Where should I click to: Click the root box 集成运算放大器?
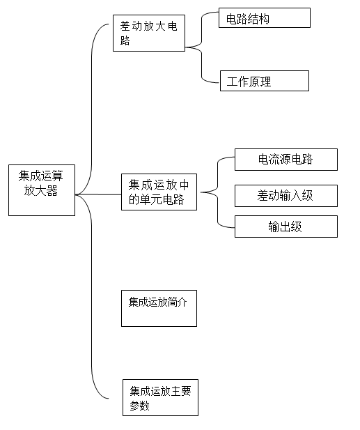(42, 190)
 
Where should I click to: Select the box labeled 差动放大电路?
(149, 33)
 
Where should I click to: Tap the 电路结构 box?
(265, 18)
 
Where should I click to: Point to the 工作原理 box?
(265, 81)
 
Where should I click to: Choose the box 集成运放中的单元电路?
(159, 192)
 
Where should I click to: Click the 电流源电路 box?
(286, 160)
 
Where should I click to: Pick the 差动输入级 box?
(286, 196)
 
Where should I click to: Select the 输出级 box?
(286, 226)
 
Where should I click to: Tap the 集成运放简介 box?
(159, 308)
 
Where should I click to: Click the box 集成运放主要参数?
(160, 398)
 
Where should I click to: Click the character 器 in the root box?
(52, 190)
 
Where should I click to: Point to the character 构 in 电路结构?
(264, 19)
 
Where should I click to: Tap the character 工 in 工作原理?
(232, 82)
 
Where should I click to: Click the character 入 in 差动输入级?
(296, 196)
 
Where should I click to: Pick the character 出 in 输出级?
(285, 226)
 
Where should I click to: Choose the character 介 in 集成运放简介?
(182, 302)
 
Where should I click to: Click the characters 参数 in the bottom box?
(139, 406)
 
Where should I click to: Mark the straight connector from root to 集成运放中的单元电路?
(98, 194)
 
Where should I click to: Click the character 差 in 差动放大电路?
(125, 26)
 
